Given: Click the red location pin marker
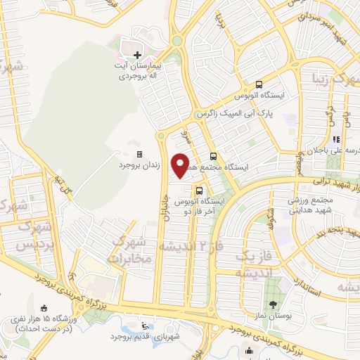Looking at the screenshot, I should point(181,165).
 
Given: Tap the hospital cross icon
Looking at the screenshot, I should point(137,54).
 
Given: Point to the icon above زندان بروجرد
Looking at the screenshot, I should point(139,154).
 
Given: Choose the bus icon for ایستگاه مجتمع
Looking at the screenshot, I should point(212,157).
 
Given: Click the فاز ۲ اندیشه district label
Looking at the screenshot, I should point(187,245).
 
